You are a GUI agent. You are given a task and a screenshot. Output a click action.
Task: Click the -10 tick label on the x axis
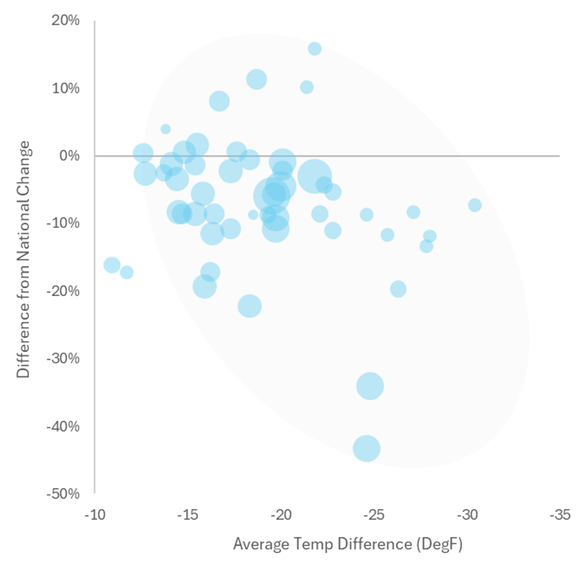point(94,515)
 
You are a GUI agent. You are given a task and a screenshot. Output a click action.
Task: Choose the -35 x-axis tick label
point(559,515)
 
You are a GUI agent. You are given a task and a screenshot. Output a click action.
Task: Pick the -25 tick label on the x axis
point(373,515)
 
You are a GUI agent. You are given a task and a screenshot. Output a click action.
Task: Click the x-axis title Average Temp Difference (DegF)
point(347,545)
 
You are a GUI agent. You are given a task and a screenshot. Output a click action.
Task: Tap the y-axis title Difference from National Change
point(23,259)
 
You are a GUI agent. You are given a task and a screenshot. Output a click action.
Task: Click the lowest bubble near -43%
point(366,448)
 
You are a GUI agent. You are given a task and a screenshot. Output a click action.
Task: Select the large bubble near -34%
point(370,386)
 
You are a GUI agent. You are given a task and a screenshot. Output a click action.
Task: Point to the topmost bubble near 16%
point(315,48)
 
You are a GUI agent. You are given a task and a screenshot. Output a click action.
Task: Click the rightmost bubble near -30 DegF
point(475,205)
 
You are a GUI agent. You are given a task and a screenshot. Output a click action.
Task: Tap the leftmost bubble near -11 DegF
point(111,265)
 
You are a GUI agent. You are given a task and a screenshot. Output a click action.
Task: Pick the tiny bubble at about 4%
point(165,129)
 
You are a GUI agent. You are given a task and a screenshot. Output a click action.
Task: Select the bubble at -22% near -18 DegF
point(250,306)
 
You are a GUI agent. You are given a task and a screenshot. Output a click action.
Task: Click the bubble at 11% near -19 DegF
point(257,79)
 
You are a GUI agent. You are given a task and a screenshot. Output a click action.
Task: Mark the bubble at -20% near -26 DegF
point(398,289)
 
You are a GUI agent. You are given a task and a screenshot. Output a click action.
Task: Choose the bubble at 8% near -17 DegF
point(219,101)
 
